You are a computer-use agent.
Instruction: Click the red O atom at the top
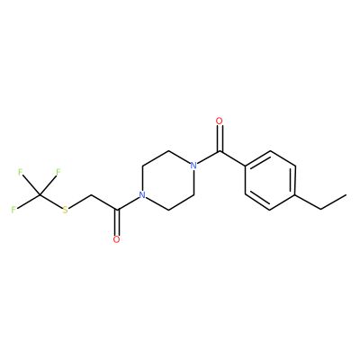pyautogui.click(x=220, y=121)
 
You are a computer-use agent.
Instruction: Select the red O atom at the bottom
pyautogui.click(x=117, y=239)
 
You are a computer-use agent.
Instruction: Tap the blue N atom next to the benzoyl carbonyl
pyautogui.click(x=193, y=166)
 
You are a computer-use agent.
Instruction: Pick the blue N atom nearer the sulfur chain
pyautogui.click(x=142, y=195)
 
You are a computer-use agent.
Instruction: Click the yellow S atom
pyautogui.click(x=66, y=210)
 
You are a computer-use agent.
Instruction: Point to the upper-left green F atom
pyautogui.click(x=21, y=172)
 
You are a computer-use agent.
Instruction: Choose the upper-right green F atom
pyautogui.click(x=58, y=172)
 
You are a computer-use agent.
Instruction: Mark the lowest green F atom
pyautogui.click(x=13, y=210)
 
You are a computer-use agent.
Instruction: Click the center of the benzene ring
pyautogui.click(x=270, y=180)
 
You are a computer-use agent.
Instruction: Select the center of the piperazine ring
pyautogui.click(x=168, y=180)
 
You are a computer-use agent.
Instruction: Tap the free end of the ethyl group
pyautogui.click(x=346, y=195)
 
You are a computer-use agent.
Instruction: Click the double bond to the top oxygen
pyautogui.click(x=220, y=138)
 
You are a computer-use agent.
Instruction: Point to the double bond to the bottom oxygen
pyautogui.click(x=117, y=222)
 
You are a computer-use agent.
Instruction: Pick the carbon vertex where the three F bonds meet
pyautogui.click(x=40, y=195)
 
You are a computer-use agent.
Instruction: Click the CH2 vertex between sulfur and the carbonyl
pyautogui.click(x=91, y=195)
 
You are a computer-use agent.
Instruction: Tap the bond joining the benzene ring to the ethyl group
pyautogui.click(x=309, y=202)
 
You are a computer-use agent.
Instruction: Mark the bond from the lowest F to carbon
pyautogui.click(x=28, y=202)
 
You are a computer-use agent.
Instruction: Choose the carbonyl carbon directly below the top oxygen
pyautogui.click(x=220, y=150)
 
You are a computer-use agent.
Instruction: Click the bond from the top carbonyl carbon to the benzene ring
pyautogui.click(x=232, y=157)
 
